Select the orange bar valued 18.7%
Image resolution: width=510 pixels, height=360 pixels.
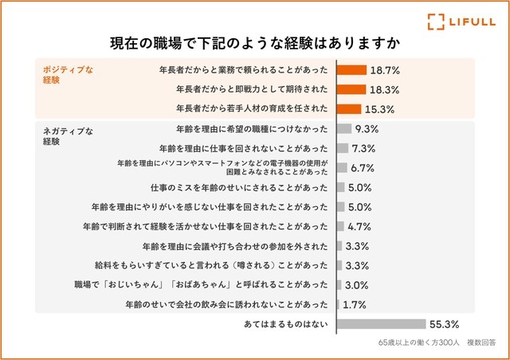click(351, 70)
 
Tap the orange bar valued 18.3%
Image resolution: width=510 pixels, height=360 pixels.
click(351, 89)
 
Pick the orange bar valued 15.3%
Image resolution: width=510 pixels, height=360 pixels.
click(348, 108)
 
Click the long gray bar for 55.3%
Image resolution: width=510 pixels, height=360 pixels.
click(381, 324)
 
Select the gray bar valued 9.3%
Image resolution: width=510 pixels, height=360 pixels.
click(344, 128)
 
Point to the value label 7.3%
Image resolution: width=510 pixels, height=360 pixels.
click(364, 148)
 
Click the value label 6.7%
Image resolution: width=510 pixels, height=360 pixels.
click(363, 168)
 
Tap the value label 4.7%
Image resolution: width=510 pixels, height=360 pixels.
click(359, 226)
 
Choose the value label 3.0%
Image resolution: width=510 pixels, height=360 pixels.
click(356, 284)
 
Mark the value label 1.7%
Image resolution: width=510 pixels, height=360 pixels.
click(354, 304)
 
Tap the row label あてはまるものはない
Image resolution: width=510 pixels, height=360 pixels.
click(286, 325)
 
